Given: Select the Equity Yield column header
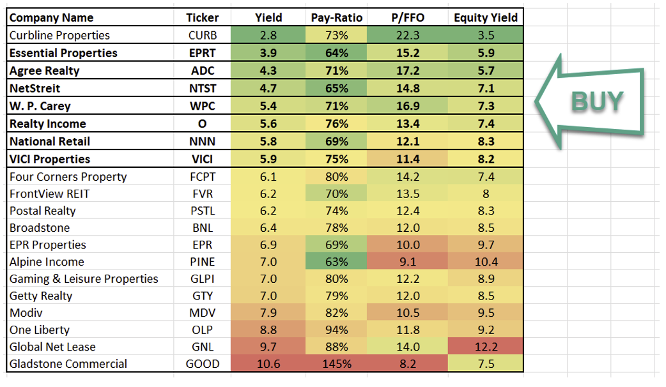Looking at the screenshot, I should [486, 18].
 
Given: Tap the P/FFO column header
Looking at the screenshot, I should [407, 18].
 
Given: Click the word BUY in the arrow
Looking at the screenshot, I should [597, 102].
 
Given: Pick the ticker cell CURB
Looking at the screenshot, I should [203, 35].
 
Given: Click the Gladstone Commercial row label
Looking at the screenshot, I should [68, 364].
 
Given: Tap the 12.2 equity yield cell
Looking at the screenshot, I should [486, 347].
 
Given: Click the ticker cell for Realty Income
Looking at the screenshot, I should [203, 124].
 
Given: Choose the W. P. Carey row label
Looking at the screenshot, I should [40, 106].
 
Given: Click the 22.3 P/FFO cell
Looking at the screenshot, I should [407, 35].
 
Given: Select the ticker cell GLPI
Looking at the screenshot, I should [203, 279].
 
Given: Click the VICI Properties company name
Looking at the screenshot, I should [50, 159].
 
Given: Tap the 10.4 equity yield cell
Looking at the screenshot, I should [486, 262].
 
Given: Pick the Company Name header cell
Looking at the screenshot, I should [51, 18].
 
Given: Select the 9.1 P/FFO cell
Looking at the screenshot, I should [407, 262].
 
